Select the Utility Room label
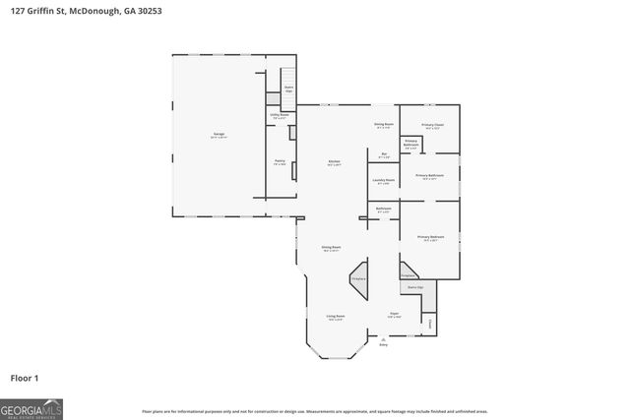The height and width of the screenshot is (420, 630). [x=281, y=115]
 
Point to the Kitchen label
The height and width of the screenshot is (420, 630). [x=334, y=162]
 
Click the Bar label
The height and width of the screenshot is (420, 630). [x=384, y=154]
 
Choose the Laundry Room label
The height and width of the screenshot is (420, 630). [x=384, y=180]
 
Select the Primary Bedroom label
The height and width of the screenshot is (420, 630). [x=430, y=238]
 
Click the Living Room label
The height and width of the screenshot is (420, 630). [x=336, y=317]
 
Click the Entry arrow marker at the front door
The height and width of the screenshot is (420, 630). [x=384, y=340]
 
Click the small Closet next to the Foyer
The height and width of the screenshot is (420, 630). [x=430, y=322]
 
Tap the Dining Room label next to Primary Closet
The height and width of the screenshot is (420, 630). [x=384, y=125]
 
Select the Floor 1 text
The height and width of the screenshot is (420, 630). [x=25, y=378]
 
